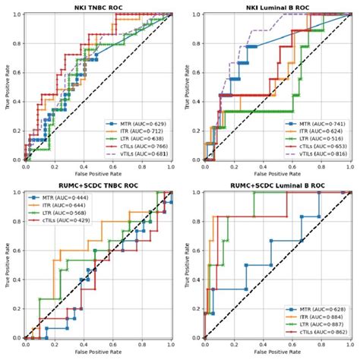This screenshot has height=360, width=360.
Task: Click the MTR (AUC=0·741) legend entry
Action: pos(314,122)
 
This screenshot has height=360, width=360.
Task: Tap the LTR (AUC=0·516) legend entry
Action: pos(314,140)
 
